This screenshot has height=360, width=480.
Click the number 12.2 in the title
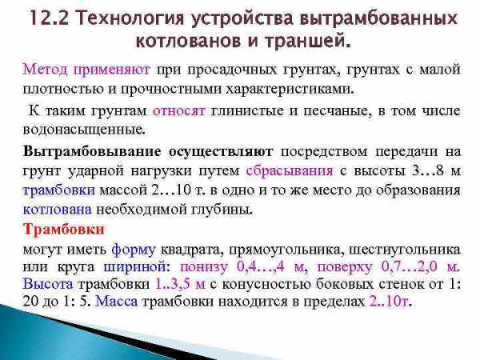(50, 18)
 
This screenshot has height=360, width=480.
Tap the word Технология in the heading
(130, 19)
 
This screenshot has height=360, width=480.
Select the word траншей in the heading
(307, 42)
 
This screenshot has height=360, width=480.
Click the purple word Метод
(45, 69)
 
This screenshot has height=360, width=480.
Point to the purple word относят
(178, 110)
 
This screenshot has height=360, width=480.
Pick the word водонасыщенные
(83, 130)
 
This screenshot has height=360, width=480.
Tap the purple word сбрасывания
(290, 171)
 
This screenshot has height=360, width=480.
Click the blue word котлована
(58, 210)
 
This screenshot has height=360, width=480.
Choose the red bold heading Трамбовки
(64, 230)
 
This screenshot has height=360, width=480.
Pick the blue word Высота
(48, 284)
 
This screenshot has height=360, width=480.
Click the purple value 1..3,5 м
(180, 284)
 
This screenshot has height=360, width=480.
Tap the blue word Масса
(116, 302)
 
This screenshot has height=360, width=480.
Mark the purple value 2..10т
(389, 302)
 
